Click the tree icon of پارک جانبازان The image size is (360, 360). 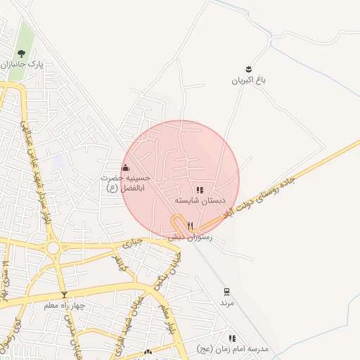click(20, 53)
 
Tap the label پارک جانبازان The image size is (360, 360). click(23, 64)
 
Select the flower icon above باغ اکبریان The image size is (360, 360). click(248, 69)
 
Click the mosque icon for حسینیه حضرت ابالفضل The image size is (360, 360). click(126, 167)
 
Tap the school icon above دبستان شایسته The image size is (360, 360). click(200, 190)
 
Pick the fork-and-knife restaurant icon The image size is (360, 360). click(190, 226)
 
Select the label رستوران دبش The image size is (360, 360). click(186, 237)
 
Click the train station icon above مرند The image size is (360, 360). click(226, 291)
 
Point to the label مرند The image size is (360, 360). click(226, 302)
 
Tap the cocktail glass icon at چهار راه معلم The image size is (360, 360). click(65, 295)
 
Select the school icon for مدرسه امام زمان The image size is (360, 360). click(232, 339)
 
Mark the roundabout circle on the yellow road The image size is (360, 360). click(53, 248)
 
